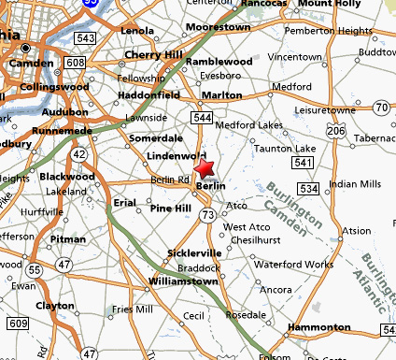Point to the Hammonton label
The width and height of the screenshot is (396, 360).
pos(318,327)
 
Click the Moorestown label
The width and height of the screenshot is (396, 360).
pos(218,28)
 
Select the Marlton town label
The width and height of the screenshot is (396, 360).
pos(222,94)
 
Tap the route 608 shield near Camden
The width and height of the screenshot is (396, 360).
pos(76,63)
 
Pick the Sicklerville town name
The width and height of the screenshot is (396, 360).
pos(194,252)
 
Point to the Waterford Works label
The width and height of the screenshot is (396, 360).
pos(293,264)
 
